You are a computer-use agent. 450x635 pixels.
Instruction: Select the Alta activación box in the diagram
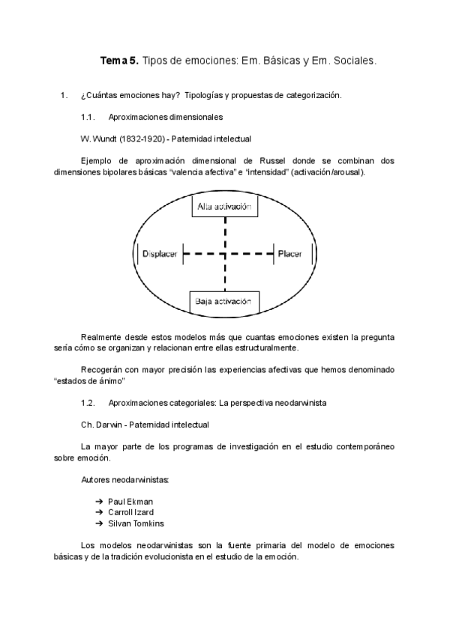[x=224, y=206]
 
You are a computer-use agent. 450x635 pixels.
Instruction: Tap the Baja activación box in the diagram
[x=224, y=302]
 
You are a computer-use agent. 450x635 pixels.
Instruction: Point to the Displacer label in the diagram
[x=159, y=255]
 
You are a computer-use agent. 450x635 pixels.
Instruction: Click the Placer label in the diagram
[x=289, y=255]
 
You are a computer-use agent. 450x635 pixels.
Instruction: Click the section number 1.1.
[x=87, y=118]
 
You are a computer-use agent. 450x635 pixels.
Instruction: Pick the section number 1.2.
[x=87, y=403]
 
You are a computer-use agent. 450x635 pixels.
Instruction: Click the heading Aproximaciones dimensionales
[x=165, y=118]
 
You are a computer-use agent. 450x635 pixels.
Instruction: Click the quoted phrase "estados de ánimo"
[x=89, y=380]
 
